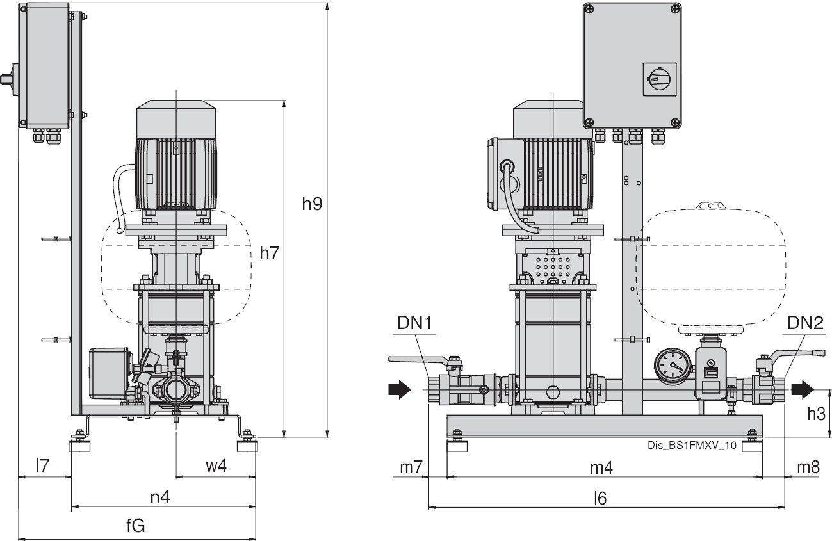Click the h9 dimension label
tap(312, 204)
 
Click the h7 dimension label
tap(270, 253)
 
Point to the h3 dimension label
tap(816, 414)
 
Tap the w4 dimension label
tap(216, 467)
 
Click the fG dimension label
tap(135, 526)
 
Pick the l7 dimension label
tap(42, 467)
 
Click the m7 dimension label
tap(411, 467)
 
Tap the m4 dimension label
tap(601, 467)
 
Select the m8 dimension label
tap(808, 467)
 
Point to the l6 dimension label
tap(600, 497)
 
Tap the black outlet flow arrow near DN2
tap(803, 388)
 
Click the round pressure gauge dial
tap(671, 366)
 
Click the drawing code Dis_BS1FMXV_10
tap(687, 447)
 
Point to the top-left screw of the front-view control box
tap(591, 10)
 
